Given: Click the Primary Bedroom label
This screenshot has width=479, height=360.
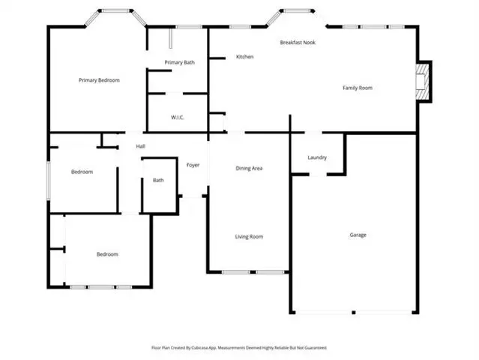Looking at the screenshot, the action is [x=99, y=80].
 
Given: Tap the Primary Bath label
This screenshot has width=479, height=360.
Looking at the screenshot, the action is [x=180, y=63].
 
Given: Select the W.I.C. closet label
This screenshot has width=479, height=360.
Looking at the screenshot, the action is [x=178, y=117].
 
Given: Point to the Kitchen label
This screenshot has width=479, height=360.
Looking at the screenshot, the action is [x=244, y=57].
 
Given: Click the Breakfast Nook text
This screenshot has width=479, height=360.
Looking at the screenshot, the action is [x=298, y=43].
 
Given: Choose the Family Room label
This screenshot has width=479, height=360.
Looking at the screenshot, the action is [x=358, y=88].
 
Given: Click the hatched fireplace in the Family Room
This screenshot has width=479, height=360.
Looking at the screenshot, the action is [x=422, y=81].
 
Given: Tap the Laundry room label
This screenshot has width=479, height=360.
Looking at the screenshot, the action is [x=317, y=157].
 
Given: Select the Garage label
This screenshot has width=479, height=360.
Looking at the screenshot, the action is [x=358, y=235].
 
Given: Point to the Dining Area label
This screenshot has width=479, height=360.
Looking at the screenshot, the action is [x=249, y=169].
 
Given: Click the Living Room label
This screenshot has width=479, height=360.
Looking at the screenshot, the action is [x=249, y=237].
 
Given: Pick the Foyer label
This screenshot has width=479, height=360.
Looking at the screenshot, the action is [x=193, y=165].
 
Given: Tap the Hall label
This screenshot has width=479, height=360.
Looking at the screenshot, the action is [x=140, y=146].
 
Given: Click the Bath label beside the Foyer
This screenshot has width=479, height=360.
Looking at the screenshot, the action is [x=158, y=180].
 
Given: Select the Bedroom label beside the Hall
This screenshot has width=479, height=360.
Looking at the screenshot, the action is [x=82, y=172].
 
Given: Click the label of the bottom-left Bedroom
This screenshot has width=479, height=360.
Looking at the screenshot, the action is [x=107, y=254].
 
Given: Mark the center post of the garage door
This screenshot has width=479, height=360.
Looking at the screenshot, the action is [x=354, y=312].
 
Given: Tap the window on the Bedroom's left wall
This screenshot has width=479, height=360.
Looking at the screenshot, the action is [x=48, y=181].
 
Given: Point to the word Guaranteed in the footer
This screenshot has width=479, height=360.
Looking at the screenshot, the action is [x=317, y=348].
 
